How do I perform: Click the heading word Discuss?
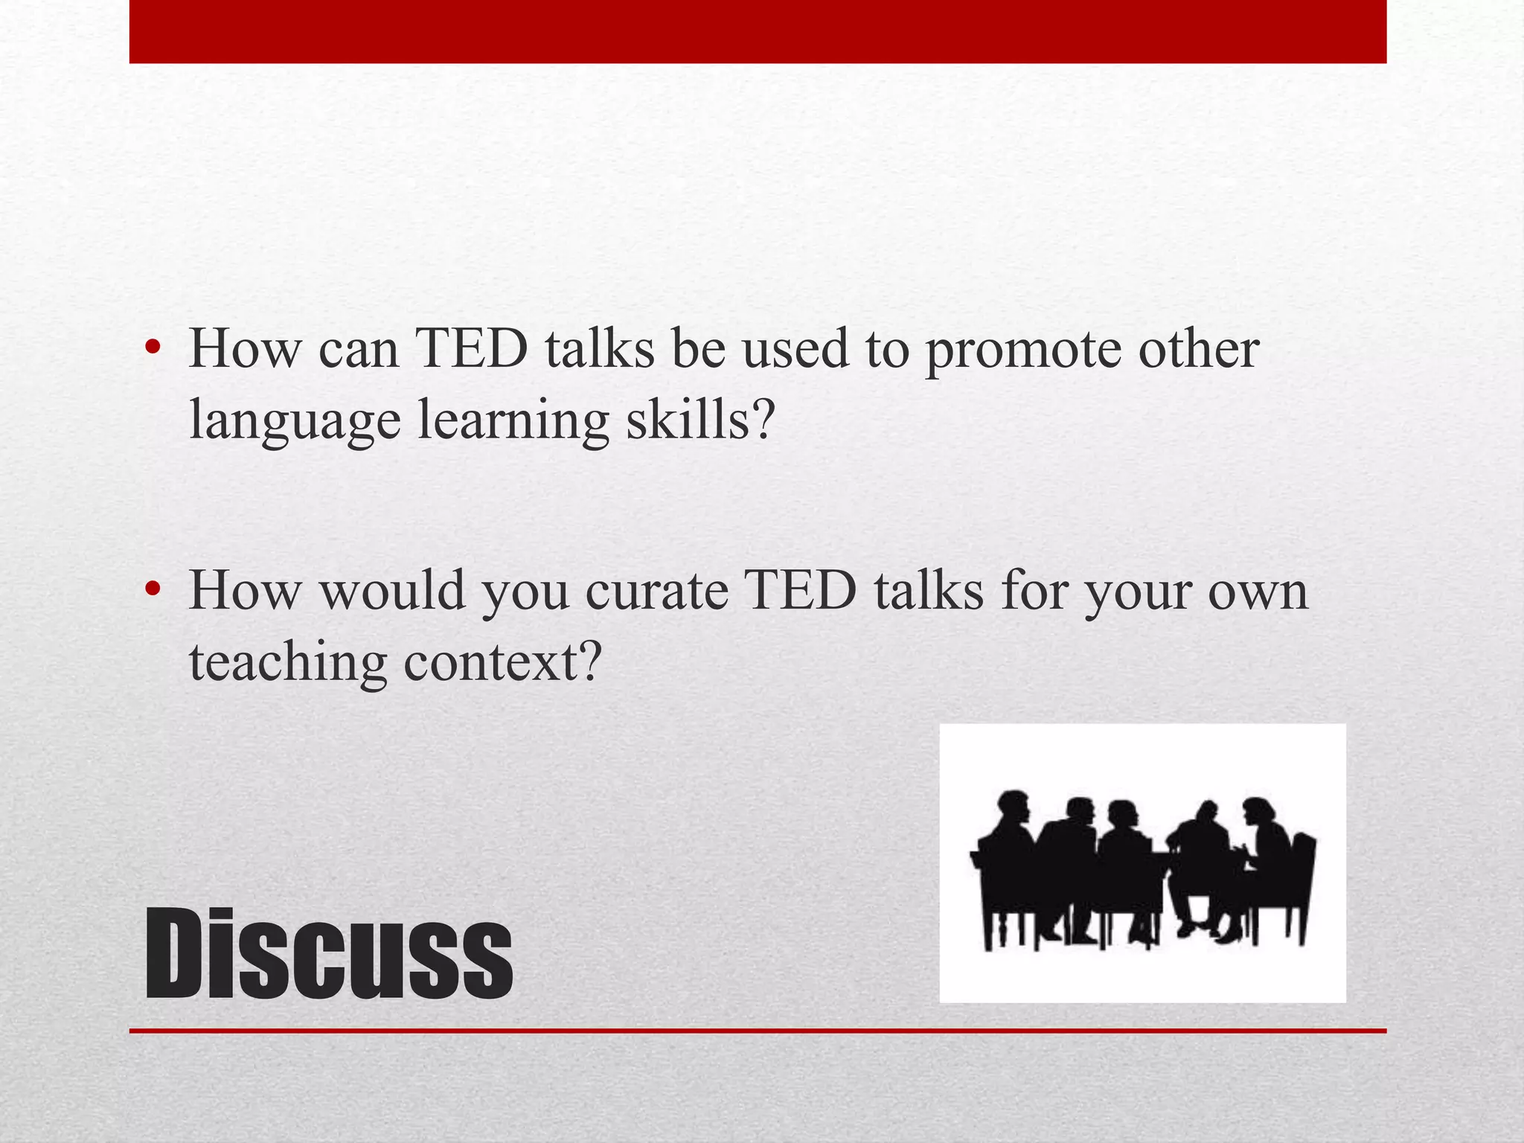(x=328, y=954)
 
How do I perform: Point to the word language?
(x=295, y=421)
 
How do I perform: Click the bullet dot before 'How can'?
(x=153, y=348)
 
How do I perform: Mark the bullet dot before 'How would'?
(x=153, y=589)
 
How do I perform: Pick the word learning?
(x=513, y=421)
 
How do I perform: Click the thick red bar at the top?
(x=758, y=31)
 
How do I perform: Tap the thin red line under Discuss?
(x=758, y=1031)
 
